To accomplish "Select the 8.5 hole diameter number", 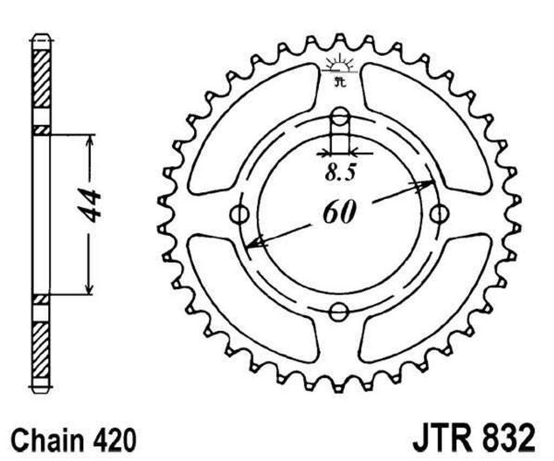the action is pyautogui.click(x=340, y=173).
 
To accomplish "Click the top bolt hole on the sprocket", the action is pyautogui.click(x=340, y=116).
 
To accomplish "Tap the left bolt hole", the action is pyautogui.click(x=240, y=213).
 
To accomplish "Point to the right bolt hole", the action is pyautogui.click(x=440, y=213).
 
